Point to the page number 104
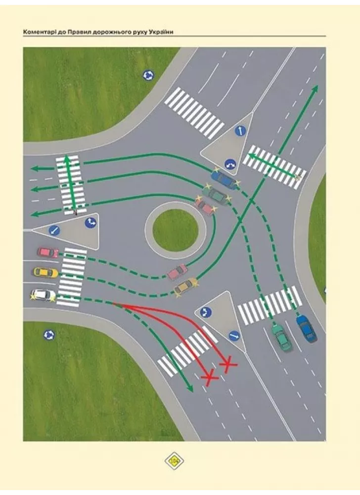pos(174,461)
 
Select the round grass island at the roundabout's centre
pos(175,229)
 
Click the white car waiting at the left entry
pos(44,295)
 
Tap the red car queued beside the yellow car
pos(48,252)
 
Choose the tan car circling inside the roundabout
pos(185,286)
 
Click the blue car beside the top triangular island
pos(224,179)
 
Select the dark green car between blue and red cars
pos(215,194)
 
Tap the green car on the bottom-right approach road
pos(281,338)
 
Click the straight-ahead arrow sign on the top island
pos(240,131)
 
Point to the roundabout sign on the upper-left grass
pos(148,75)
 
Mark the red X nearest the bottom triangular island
pos(227,365)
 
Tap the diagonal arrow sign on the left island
pos(54,230)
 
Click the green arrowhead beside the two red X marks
pos(190,390)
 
